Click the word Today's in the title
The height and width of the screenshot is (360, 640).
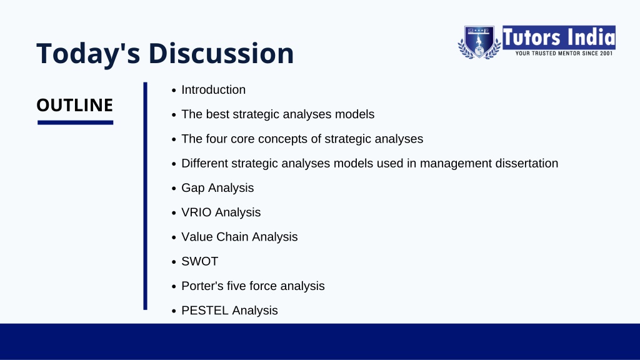[88, 54]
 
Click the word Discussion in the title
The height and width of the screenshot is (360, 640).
[221, 53]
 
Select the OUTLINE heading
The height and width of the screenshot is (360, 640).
[75, 105]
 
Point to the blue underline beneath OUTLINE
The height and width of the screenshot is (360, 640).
[75, 122]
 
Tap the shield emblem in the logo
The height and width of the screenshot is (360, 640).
[479, 42]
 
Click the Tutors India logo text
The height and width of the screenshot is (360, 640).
[559, 37]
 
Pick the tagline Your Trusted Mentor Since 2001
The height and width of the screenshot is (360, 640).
[564, 54]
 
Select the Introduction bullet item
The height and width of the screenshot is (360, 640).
[214, 90]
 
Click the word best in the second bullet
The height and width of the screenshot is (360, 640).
[217, 114]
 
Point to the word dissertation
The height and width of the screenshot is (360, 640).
[526, 163]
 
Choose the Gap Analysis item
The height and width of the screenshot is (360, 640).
[217, 188]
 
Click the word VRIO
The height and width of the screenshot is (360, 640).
[196, 212]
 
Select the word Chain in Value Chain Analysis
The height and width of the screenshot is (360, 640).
[232, 237]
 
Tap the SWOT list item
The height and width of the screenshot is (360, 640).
[199, 261]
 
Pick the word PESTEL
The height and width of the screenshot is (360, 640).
[205, 310]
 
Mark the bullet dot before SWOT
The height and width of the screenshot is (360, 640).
[174, 262]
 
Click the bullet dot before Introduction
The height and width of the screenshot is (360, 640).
[174, 91]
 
